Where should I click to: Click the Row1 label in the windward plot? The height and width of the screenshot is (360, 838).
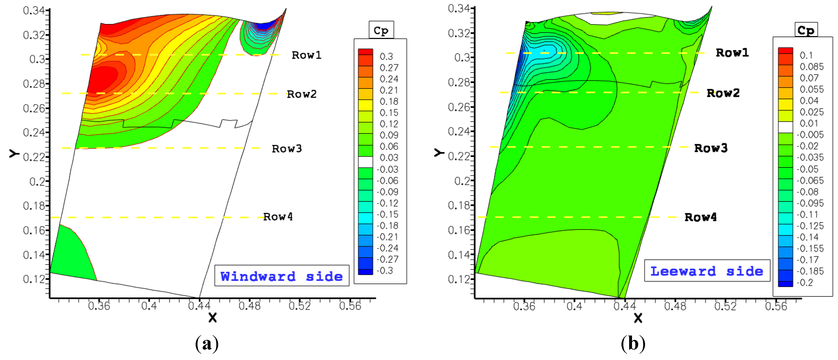click(306, 55)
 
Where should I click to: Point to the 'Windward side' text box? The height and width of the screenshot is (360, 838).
click(282, 276)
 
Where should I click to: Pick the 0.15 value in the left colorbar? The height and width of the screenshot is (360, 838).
click(389, 113)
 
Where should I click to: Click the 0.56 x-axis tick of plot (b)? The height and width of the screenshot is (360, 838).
click(776, 306)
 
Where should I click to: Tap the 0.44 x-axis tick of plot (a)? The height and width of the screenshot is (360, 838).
click(199, 306)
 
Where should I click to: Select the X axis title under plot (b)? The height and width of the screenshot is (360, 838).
click(638, 318)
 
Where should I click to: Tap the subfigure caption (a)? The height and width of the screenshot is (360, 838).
click(207, 344)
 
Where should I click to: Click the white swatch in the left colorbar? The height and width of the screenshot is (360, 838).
click(365, 162)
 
